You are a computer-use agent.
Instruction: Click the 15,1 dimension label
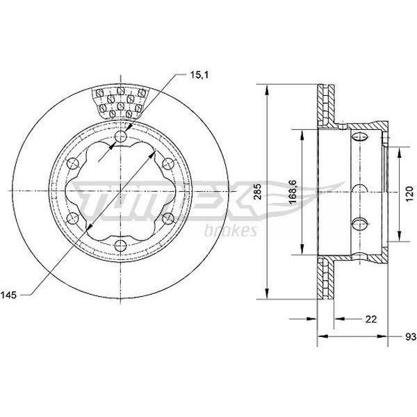199,75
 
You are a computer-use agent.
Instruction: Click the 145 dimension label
8,295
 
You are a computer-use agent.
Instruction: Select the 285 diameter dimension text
257,192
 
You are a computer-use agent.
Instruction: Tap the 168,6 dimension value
293,192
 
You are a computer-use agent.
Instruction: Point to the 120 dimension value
410,193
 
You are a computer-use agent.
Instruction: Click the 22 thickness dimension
371,319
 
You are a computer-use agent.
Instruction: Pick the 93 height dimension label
411,336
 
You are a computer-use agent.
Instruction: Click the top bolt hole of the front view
120,137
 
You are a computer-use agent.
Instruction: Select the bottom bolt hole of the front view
120,245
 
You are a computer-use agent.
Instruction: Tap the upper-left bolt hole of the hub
73,164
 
